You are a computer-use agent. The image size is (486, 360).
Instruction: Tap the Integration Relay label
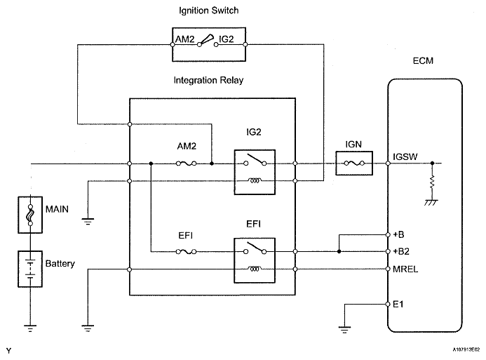(208, 81)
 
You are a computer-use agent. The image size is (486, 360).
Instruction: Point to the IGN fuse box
(353, 164)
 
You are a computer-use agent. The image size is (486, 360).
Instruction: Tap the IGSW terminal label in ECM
(406, 157)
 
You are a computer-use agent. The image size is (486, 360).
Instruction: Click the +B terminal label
(400, 234)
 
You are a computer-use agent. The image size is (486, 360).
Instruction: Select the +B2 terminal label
(403, 251)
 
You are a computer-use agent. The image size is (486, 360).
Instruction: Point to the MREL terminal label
(406, 269)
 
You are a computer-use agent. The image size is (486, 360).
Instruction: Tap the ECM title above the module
(424, 61)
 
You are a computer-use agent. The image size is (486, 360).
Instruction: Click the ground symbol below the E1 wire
(344, 326)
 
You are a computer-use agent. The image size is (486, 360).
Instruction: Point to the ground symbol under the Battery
(30, 326)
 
